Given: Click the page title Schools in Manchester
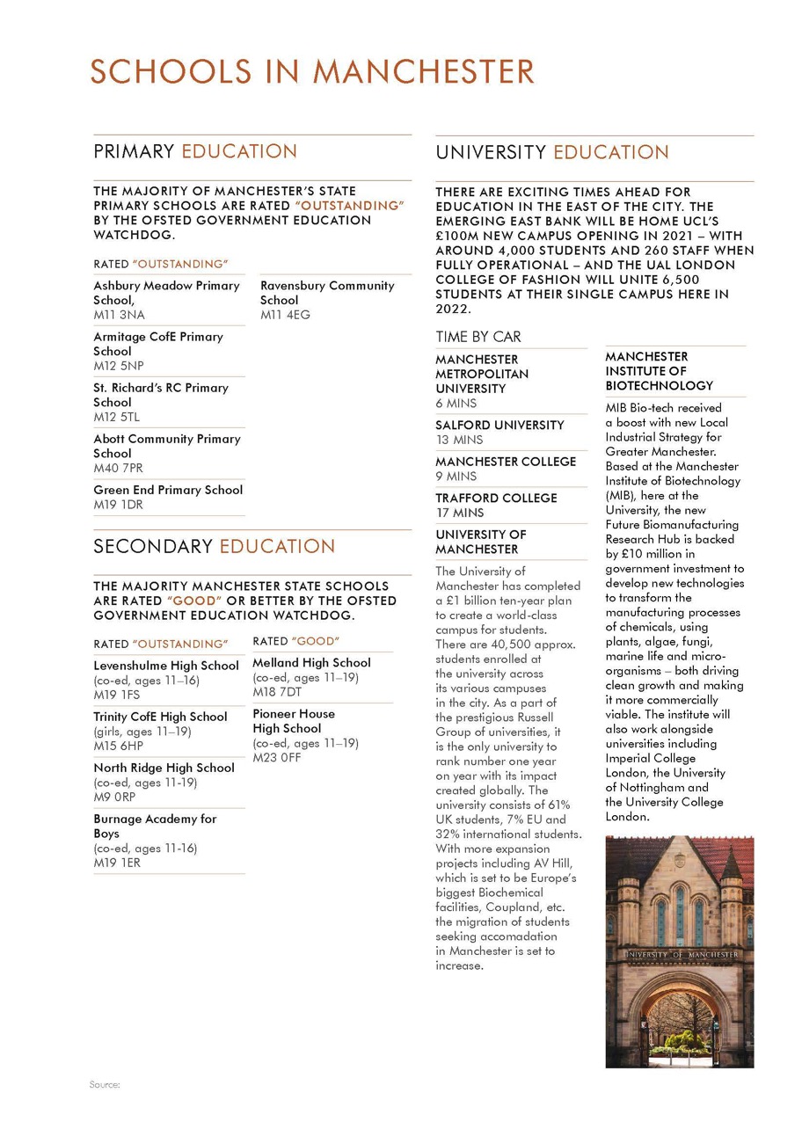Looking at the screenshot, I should pos(312,71).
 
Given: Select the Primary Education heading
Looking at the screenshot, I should pos(195,151).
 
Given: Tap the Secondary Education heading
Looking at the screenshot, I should pos(215,546).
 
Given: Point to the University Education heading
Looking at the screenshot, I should pos(552,152).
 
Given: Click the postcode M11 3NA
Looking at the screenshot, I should pos(120,315).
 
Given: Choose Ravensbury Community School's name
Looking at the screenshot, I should pos(327,293).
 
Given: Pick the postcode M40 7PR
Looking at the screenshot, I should pos(118,468).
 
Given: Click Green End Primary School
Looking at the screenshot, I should pos(168,490).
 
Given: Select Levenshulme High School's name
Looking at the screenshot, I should pos(166,666).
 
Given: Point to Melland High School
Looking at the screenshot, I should pos(311,662).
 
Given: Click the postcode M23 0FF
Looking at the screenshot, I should pos(276,757).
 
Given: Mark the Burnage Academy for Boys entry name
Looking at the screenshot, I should pos(155,826).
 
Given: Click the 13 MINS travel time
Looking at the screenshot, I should pos(460,440).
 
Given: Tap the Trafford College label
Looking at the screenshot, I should pos(496,498).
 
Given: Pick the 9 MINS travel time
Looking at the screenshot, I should pos(456,476).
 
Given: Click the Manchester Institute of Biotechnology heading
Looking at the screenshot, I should pos(659,371).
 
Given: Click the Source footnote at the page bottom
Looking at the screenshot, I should pos(104,1084).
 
